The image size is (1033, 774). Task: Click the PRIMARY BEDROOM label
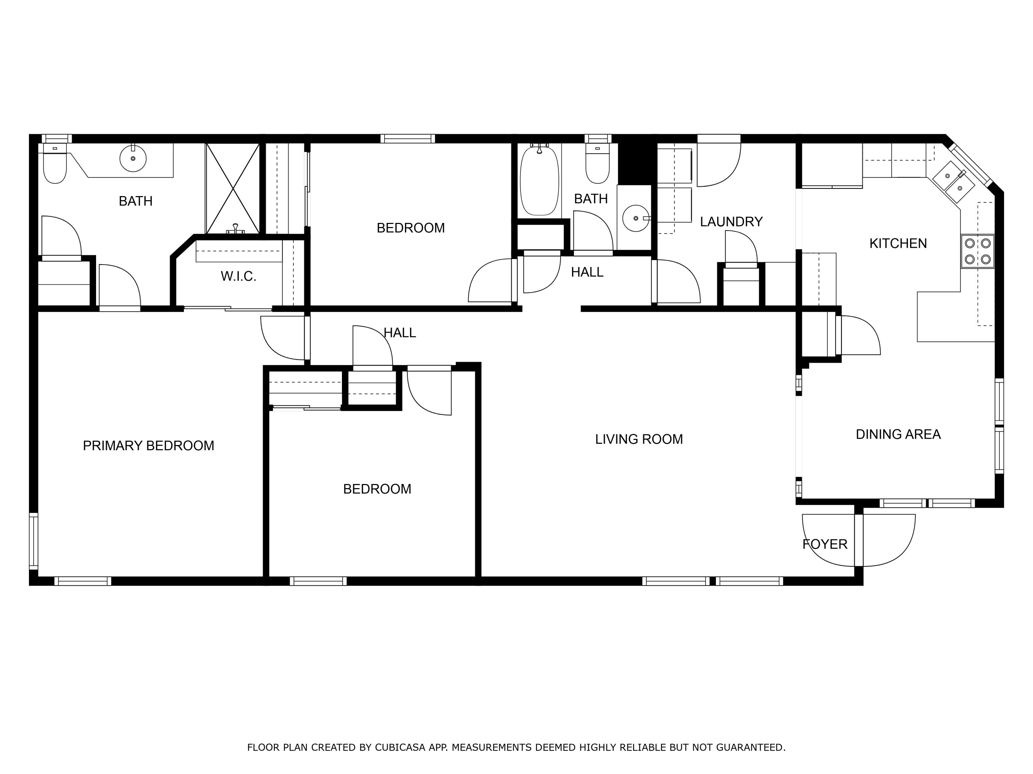point(148,445)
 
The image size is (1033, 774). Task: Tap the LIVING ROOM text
point(638,439)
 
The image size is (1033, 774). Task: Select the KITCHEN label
point(898,243)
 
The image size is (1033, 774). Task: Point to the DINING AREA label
point(898,434)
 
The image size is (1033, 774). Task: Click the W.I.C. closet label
point(238,277)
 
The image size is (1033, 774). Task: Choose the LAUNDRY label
point(731,222)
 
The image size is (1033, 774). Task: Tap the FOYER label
point(824,544)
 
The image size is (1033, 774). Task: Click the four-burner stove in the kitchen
point(978,251)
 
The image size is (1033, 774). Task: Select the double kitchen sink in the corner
point(953,182)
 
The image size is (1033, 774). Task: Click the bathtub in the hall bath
point(539,181)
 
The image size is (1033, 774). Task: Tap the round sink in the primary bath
point(133,159)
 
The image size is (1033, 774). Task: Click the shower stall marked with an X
point(232,189)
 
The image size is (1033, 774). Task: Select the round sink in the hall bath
point(636,218)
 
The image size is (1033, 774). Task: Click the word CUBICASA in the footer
point(400,748)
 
